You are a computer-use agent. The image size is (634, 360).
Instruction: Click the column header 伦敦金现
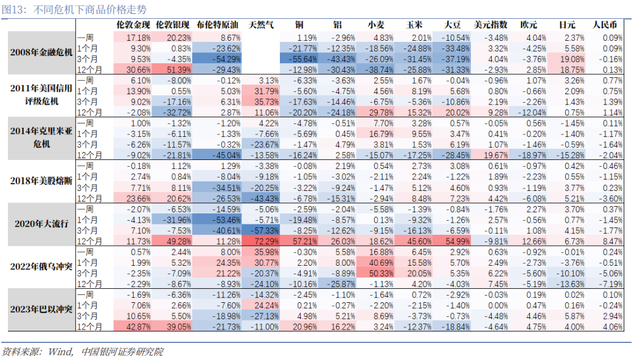pyautogui.click(x=133, y=26)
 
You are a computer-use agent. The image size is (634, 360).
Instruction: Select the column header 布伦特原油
pyautogui.click(x=218, y=26)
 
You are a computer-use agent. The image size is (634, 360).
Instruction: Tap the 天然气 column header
pyautogui.click(x=262, y=26)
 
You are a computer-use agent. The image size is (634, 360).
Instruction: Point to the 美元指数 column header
pyautogui.click(x=490, y=26)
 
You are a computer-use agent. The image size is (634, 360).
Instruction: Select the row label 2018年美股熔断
pyautogui.click(x=41, y=181)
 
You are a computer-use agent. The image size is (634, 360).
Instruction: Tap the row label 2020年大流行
pyautogui.click(x=41, y=223)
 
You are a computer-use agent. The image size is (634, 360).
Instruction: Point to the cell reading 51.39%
pyautogui.click(x=175, y=70)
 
